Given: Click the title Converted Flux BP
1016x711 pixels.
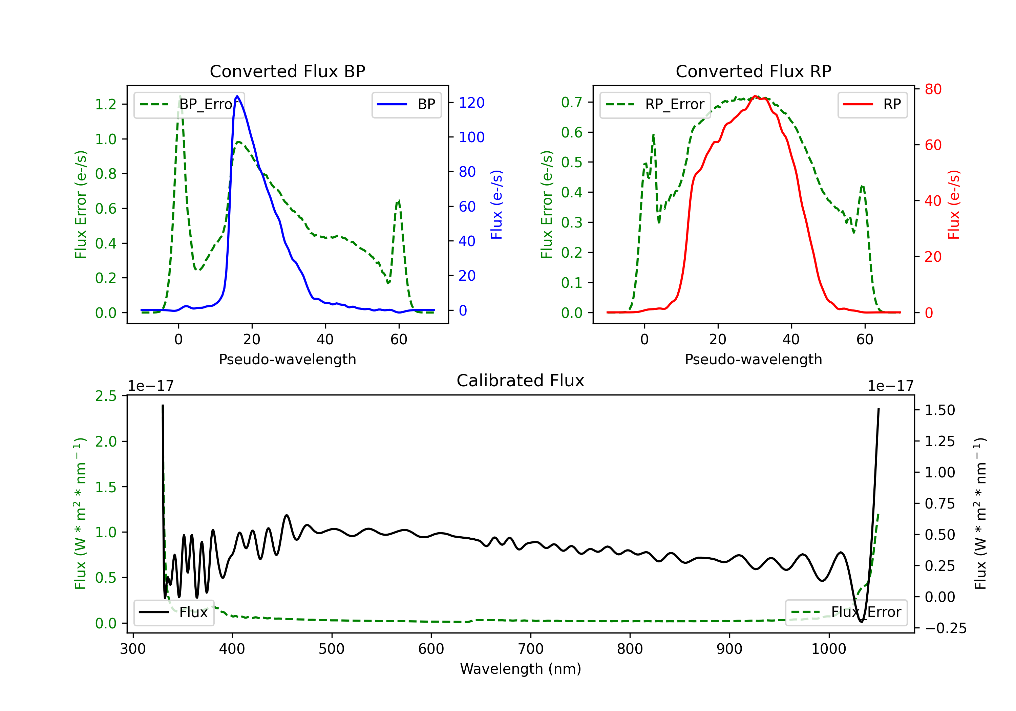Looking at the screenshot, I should [x=287, y=71].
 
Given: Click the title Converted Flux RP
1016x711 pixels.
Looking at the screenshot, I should [x=753, y=71].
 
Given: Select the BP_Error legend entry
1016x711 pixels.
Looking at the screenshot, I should [x=189, y=104].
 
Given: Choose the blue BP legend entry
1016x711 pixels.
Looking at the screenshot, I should [x=406, y=104].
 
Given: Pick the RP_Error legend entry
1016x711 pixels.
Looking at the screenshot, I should [x=655, y=104].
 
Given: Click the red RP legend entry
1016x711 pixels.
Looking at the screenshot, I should [x=872, y=104].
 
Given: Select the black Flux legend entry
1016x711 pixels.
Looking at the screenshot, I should [x=174, y=612].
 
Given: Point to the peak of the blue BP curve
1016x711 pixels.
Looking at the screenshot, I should [x=237, y=96].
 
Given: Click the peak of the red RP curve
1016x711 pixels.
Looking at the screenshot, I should [x=755, y=96].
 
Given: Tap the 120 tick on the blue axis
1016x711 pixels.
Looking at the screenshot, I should [x=471, y=103].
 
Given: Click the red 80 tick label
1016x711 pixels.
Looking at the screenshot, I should [x=933, y=89].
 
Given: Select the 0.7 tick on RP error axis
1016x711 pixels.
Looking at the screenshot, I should [x=572, y=102].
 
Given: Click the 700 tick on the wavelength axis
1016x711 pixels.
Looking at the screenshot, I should [x=531, y=649].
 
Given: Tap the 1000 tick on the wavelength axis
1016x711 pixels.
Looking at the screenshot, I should [x=828, y=649].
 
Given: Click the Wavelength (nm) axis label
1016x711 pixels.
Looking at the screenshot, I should [x=521, y=669].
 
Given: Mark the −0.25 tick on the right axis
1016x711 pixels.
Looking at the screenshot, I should [x=945, y=628].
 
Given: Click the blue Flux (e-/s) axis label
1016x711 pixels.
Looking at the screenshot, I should [x=496, y=204].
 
